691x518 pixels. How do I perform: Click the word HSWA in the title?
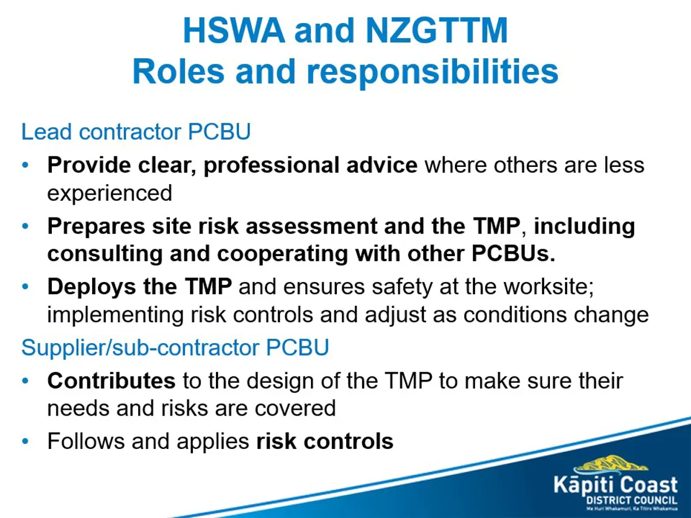click(x=234, y=30)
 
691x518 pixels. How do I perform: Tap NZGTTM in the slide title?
click(x=437, y=30)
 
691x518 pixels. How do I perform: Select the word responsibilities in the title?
click(x=432, y=73)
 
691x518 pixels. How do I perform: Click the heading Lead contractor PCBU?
click(x=136, y=131)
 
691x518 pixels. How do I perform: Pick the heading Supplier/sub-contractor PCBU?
click(x=175, y=348)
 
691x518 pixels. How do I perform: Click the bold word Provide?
click(x=89, y=165)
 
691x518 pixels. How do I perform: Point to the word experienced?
click(x=109, y=193)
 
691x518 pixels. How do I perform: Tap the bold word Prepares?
click(x=96, y=226)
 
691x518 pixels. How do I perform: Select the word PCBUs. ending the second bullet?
click(x=513, y=253)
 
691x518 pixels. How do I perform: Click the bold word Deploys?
click(x=92, y=287)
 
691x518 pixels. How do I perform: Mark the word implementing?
click(x=115, y=315)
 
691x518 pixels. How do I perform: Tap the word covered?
click(x=295, y=408)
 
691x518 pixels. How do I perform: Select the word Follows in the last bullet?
click(x=86, y=441)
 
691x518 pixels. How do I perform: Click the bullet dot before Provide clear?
click(x=25, y=165)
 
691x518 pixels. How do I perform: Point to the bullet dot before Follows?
click(x=25, y=441)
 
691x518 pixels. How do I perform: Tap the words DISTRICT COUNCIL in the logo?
click(x=632, y=500)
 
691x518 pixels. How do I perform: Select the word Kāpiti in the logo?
click(x=582, y=485)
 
